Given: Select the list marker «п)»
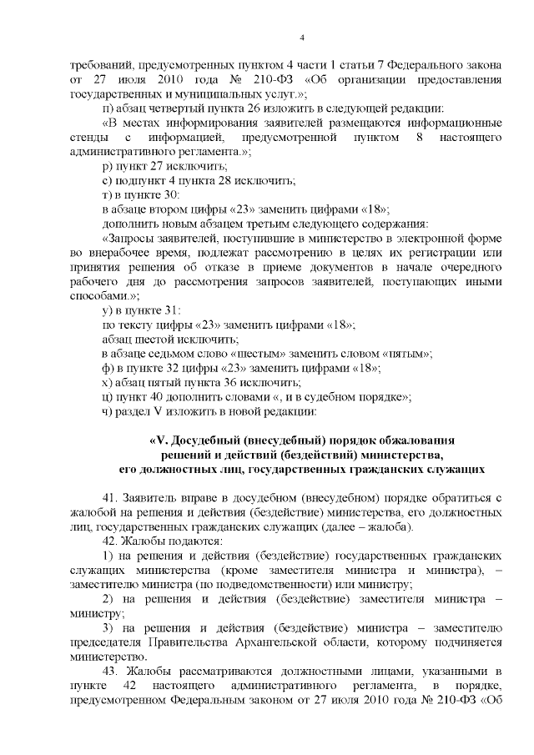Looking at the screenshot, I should (x=106, y=109).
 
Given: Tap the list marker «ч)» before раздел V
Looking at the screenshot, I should (x=106, y=410).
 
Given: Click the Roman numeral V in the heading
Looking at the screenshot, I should (x=158, y=440).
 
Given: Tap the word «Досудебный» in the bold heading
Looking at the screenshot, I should (x=200, y=440).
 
